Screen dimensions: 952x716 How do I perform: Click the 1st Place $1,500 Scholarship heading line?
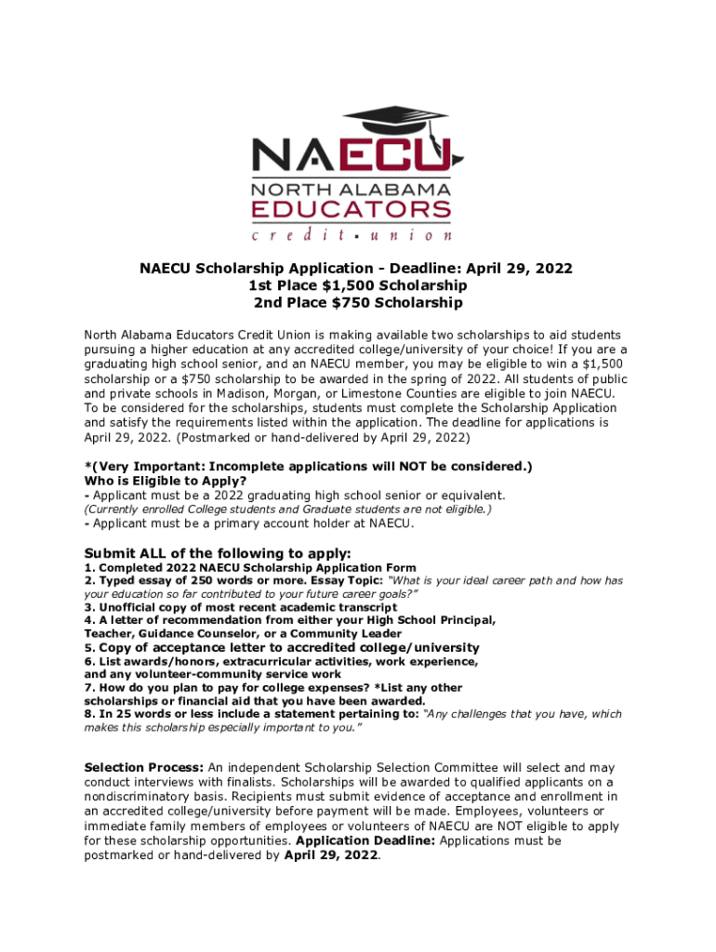[357, 285]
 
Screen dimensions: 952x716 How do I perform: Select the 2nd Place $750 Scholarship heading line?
[357, 303]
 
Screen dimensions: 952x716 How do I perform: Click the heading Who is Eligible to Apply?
[165, 481]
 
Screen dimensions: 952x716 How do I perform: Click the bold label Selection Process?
[143, 768]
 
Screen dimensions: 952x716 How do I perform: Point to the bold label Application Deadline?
[365, 840]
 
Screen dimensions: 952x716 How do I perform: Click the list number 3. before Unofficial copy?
[89, 607]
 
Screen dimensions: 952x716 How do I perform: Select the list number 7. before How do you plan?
[89, 688]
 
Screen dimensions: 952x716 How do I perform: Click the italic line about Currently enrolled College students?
[287, 509]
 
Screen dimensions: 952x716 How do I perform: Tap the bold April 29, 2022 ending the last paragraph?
[331, 855]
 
